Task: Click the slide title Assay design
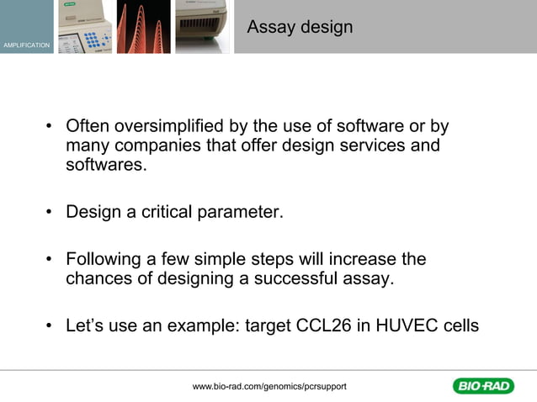click(300, 28)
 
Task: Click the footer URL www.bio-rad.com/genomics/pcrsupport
click(269, 386)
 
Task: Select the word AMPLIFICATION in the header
click(26, 44)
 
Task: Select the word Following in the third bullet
click(101, 260)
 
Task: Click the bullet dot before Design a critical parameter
click(51, 213)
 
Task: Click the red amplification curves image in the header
click(143, 27)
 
